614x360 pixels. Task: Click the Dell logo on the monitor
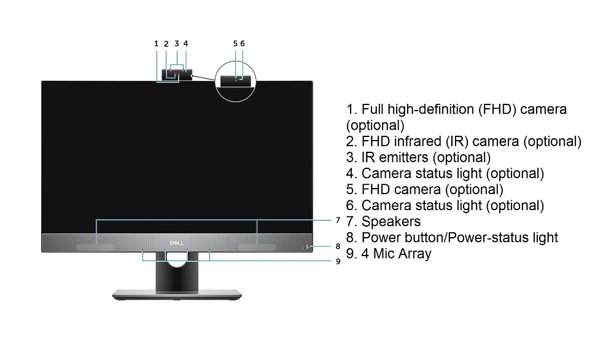(x=177, y=243)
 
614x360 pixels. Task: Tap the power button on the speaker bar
(x=307, y=246)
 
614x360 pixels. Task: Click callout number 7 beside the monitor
(x=338, y=220)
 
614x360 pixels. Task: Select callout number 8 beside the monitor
(x=338, y=246)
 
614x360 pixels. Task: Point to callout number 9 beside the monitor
(x=338, y=261)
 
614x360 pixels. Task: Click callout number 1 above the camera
(x=156, y=44)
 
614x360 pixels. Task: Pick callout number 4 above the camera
(x=185, y=44)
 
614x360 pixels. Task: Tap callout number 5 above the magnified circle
(x=235, y=44)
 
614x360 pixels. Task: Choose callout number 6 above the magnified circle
(x=243, y=44)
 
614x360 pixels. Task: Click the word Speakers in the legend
(x=391, y=222)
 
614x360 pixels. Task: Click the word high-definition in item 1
(x=430, y=109)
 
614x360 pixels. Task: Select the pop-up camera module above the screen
(x=177, y=75)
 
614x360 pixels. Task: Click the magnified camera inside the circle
(x=236, y=80)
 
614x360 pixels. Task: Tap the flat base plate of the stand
(x=177, y=295)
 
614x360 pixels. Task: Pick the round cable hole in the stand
(x=177, y=260)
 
